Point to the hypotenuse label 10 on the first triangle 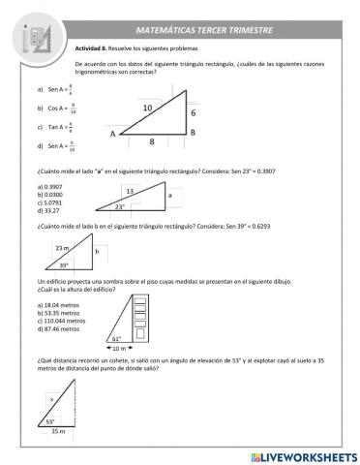[x=147, y=107]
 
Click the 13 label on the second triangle [x=130, y=191]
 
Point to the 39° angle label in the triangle [x=64, y=264]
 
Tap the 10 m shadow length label [x=116, y=348]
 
